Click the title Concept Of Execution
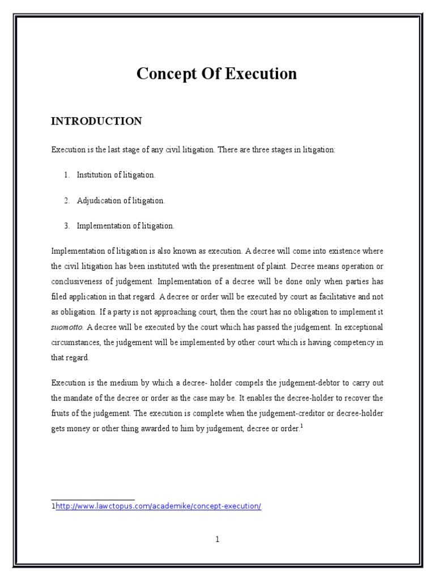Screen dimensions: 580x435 217,74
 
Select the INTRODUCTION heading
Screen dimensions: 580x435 96,121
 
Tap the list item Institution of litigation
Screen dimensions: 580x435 116,175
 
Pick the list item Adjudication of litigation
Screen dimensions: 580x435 121,201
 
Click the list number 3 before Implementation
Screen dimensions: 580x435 66,226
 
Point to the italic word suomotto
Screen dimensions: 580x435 67,327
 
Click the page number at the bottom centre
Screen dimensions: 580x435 217,539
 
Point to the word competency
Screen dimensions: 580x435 352,343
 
